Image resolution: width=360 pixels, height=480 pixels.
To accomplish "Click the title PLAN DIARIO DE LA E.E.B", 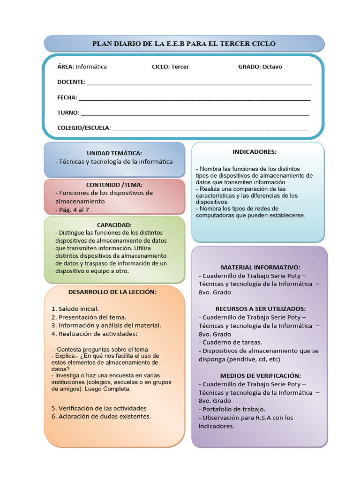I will [x=184, y=44].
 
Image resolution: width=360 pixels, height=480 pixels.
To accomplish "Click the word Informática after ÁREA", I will [x=91, y=67].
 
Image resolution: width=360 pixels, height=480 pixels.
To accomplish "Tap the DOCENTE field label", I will [x=71, y=82].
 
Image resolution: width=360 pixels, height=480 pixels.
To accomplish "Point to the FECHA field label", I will [x=67, y=97].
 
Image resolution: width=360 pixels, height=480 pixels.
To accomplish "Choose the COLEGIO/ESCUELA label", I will [x=84, y=127].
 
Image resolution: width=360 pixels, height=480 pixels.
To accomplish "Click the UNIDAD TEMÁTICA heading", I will [x=114, y=153].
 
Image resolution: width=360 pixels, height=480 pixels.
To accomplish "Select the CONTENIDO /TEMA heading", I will [x=114, y=185].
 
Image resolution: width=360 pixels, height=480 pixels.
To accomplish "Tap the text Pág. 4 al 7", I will [x=72, y=210].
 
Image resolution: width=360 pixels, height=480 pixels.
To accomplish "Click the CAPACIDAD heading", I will [x=114, y=225].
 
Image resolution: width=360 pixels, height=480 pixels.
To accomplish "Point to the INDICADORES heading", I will [x=255, y=152].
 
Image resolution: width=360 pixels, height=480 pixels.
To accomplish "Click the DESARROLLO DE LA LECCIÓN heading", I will [x=112, y=292].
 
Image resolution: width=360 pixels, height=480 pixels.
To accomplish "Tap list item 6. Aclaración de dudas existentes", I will [x=101, y=416].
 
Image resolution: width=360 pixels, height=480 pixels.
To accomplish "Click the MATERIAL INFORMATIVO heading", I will [x=260, y=267].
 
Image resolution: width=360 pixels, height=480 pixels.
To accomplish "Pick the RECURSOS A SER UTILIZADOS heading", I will [x=260, y=309].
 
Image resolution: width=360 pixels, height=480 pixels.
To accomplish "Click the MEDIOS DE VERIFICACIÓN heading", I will [x=260, y=376].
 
